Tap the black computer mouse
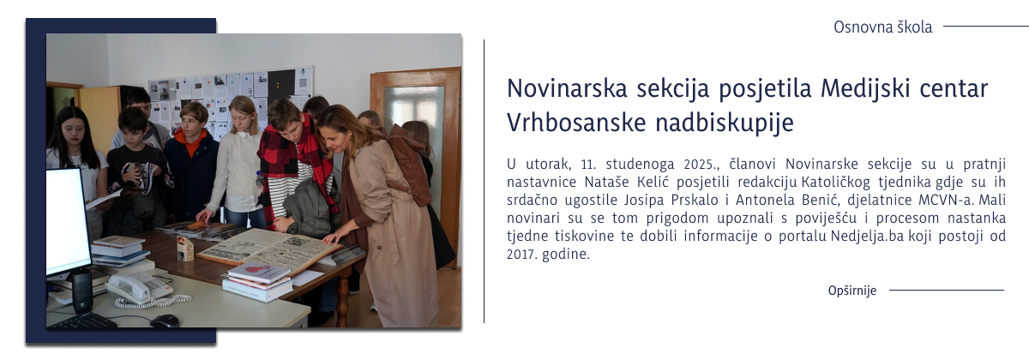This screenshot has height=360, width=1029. coord(164,321)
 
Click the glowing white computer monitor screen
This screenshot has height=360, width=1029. coord(67,220)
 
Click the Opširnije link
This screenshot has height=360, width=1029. coord(852,291)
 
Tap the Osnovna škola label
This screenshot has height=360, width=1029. coord(882,27)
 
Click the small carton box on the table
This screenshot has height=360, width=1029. coord(185,248)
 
